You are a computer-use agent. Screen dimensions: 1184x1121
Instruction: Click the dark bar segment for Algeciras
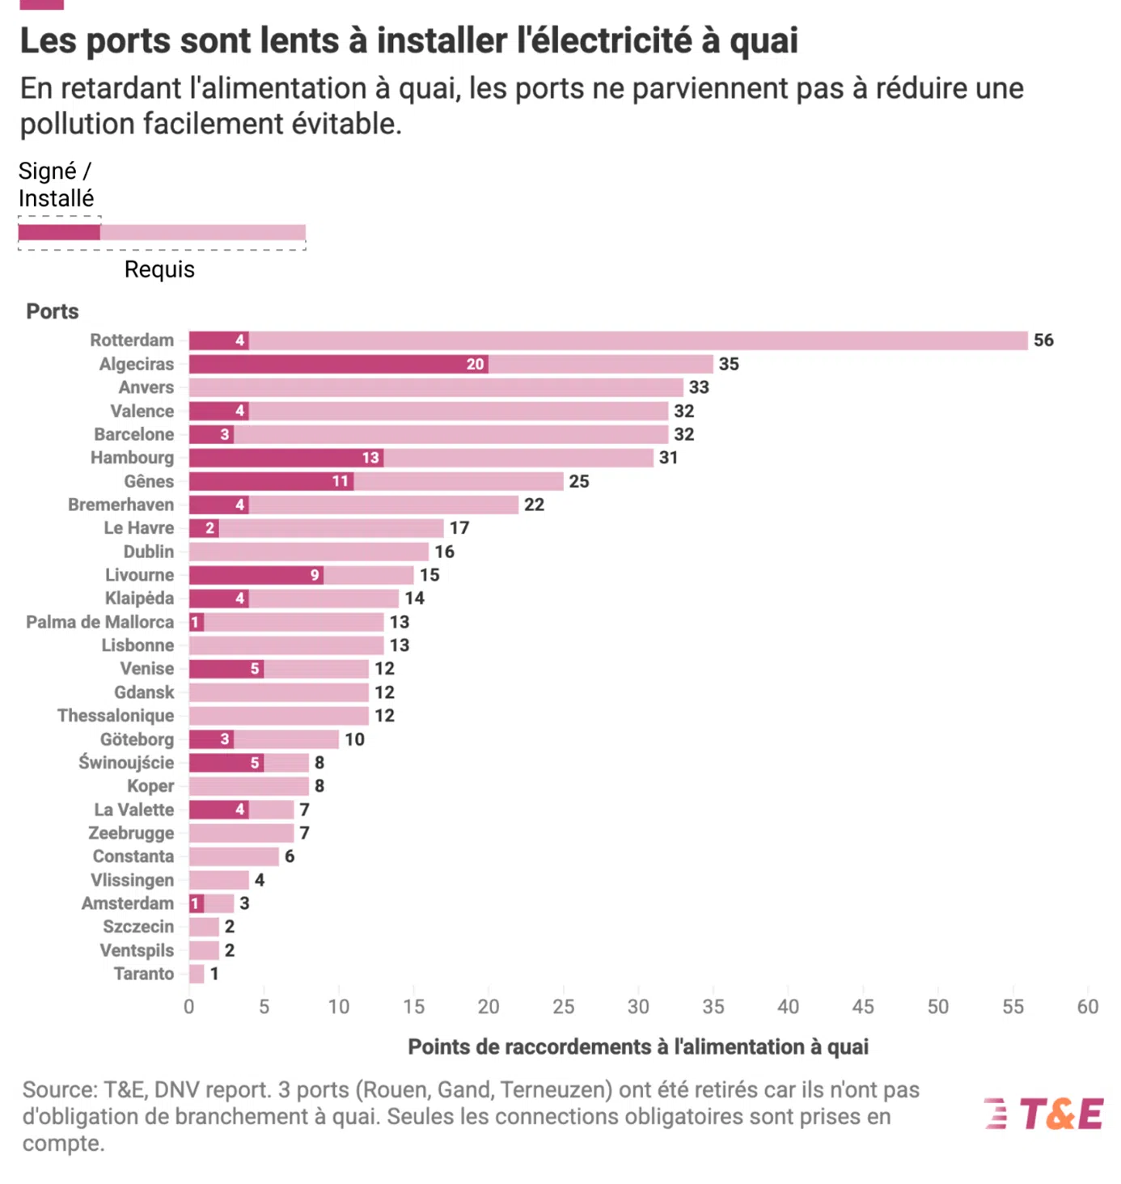(x=338, y=364)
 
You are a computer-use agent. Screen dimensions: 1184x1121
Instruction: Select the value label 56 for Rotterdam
(x=1043, y=340)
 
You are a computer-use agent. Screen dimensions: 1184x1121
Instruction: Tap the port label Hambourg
(x=132, y=458)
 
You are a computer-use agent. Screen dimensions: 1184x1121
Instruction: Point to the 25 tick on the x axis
(x=563, y=1007)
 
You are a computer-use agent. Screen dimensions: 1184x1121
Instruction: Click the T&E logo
(x=1044, y=1114)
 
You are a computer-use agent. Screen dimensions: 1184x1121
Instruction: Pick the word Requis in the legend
(x=159, y=269)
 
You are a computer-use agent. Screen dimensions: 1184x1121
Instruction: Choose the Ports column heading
(x=53, y=311)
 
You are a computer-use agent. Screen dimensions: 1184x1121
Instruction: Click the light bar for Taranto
(x=197, y=974)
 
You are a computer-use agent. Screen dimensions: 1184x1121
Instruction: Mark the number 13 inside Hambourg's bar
(x=370, y=458)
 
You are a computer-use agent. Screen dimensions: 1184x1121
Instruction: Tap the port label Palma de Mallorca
(x=99, y=622)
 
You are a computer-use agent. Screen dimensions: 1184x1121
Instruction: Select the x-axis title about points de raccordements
(x=637, y=1047)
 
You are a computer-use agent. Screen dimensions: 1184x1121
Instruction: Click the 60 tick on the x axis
(x=1087, y=1007)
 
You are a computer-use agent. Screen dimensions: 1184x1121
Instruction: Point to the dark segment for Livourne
(x=256, y=575)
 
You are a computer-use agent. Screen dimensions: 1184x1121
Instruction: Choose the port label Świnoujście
(x=126, y=763)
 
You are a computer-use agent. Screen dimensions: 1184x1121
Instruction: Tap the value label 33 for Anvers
(x=699, y=387)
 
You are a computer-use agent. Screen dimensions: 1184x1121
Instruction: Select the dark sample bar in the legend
(x=59, y=233)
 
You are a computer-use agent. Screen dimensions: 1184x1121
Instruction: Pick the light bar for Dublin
(x=309, y=552)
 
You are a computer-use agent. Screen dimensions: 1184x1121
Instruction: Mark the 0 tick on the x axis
(x=189, y=1007)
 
